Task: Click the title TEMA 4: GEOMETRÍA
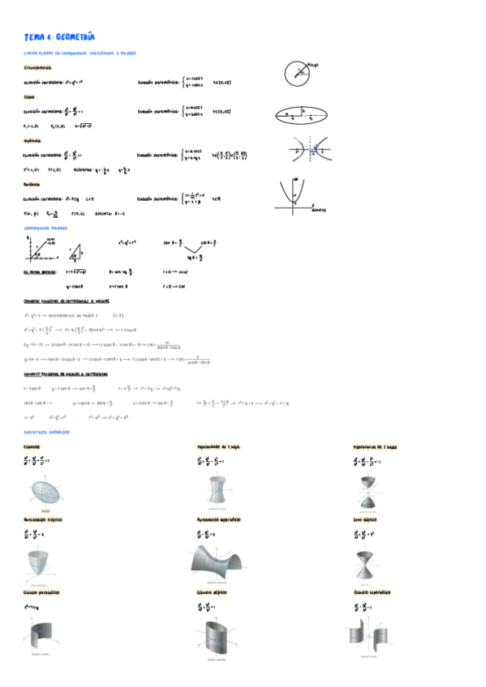(59, 36)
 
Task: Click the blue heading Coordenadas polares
(46, 228)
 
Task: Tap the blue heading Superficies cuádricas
(49, 432)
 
